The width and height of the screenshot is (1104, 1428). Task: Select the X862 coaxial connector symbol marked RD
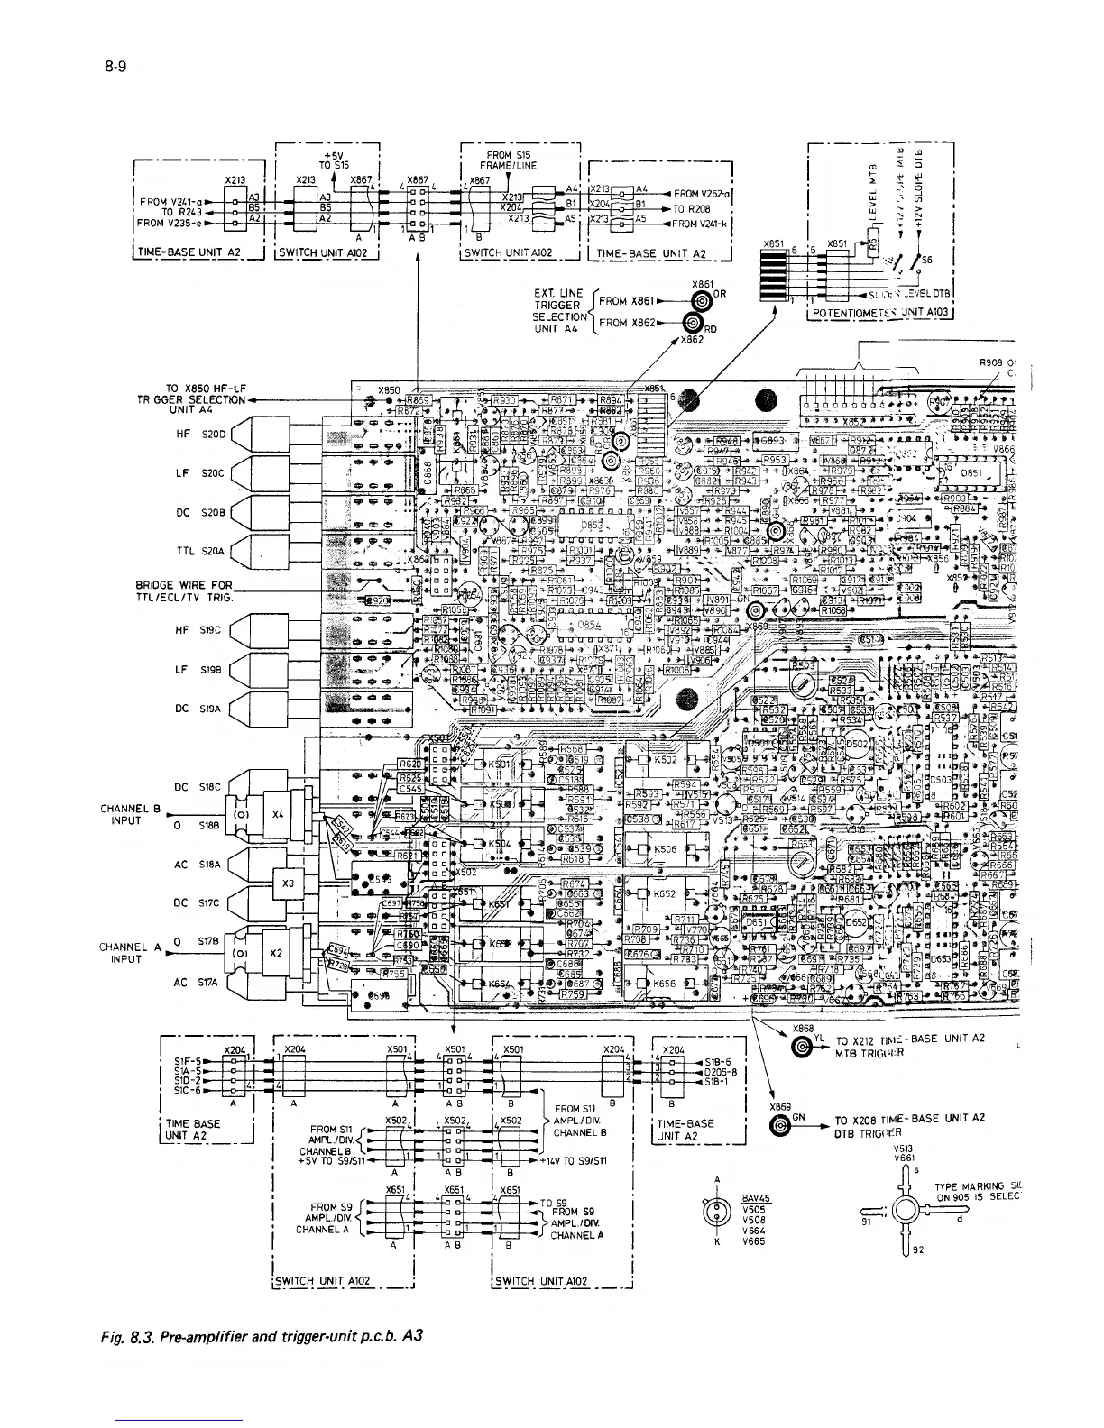coord(693,325)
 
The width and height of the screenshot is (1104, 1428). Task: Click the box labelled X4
coord(278,814)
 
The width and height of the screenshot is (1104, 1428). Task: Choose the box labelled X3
coord(289,884)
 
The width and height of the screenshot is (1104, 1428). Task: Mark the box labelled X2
coord(278,952)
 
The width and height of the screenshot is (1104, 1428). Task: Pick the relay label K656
coord(665,984)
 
